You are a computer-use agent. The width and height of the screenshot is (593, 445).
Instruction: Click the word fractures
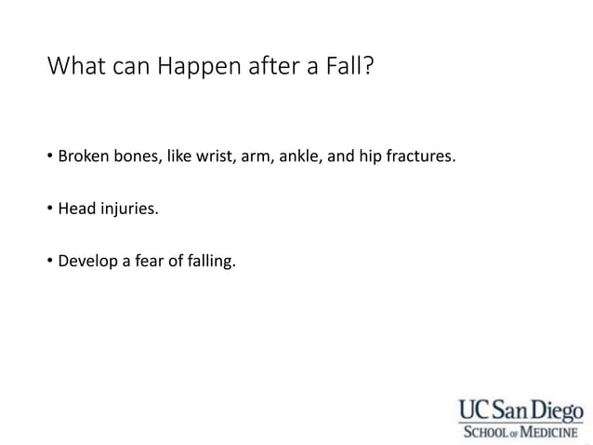tap(420, 155)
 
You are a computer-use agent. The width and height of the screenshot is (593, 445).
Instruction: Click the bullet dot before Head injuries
tap(50, 209)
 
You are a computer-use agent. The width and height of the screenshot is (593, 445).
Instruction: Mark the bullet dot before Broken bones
tap(50, 155)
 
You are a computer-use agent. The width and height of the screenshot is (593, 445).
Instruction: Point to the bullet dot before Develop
tap(50, 261)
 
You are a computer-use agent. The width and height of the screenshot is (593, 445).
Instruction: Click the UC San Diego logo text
tap(521, 410)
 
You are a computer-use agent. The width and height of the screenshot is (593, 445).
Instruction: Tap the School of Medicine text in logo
tap(521, 432)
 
